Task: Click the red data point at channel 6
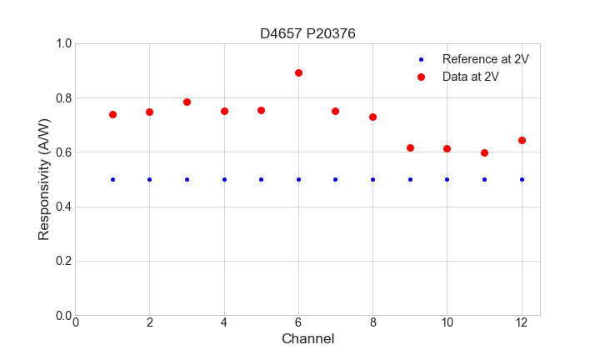tap(298, 72)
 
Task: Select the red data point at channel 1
tap(112, 114)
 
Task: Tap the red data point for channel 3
tap(187, 102)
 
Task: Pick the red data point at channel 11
tap(484, 152)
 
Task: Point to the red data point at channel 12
tap(522, 140)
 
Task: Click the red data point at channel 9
tap(410, 147)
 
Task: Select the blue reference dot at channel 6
tap(298, 179)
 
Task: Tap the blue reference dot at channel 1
tap(112, 179)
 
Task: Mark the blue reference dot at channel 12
tap(522, 179)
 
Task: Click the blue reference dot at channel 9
tap(410, 179)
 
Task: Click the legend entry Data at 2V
tap(470, 77)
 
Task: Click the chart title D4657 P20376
tap(307, 33)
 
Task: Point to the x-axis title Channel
tap(307, 339)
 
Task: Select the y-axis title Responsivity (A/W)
tap(44, 179)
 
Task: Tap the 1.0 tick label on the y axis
tap(63, 43)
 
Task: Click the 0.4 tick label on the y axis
tap(63, 207)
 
